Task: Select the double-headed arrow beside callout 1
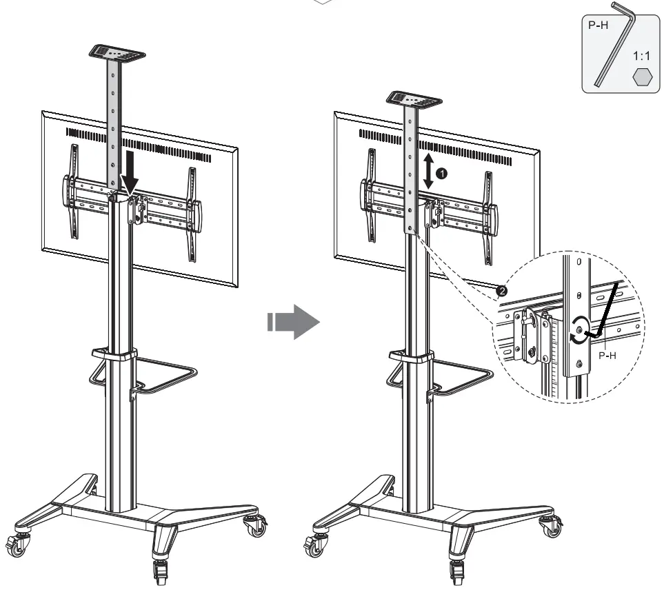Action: coord(428,172)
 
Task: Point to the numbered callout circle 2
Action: coord(502,291)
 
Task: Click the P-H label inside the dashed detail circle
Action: coord(607,356)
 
